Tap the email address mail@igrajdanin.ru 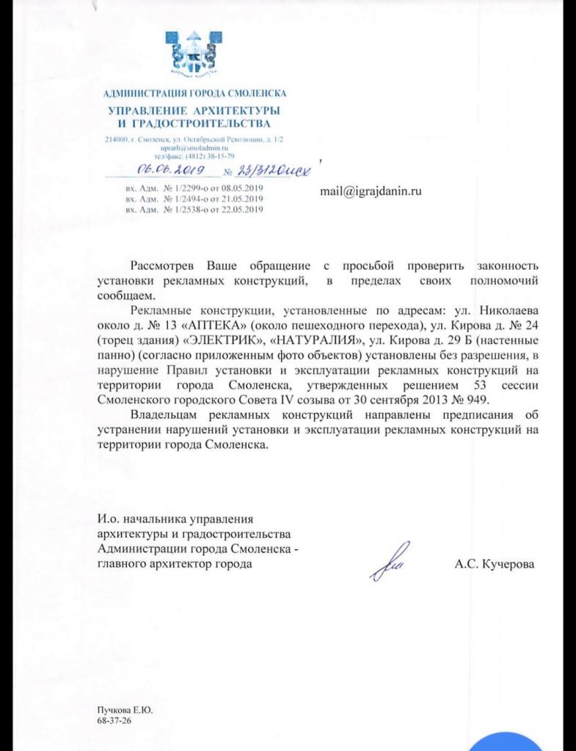371,191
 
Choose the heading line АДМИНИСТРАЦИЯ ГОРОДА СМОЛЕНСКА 196,93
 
